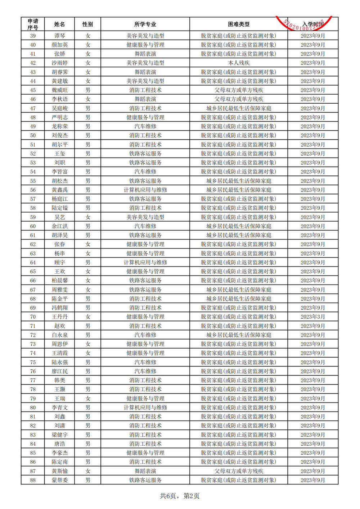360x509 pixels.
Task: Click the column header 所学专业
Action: (x=145, y=24)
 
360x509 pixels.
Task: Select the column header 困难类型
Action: (x=238, y=24)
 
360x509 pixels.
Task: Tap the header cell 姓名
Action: (x=59, y=24)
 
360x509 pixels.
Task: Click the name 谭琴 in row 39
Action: (x=59, y=36)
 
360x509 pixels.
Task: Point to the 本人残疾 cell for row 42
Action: (x=238, y=63)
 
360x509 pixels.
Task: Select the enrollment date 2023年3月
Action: (x=312, y=317)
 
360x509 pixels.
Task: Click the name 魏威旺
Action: (x=59, y=90)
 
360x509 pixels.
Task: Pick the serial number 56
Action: (x=33, y=190)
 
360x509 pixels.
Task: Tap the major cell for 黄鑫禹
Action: (x=145, y=190)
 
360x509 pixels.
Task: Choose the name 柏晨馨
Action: (x=59, y=281)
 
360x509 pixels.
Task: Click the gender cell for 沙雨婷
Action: (x=87, y=63)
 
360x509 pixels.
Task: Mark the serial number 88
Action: (x=33, y=480)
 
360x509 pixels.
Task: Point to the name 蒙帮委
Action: (x=59, y=480)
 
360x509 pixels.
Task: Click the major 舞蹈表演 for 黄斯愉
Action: (x=145, y=471)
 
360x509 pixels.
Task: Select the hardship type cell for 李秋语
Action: (x=238, y=99)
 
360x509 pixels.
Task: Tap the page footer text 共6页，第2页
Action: (x=180, y=496)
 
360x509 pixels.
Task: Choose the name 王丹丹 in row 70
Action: (x=59, y=317)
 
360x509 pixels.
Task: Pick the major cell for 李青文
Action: (x=145, y=408)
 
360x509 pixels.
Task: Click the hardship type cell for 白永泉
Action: (x=238, y=335)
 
